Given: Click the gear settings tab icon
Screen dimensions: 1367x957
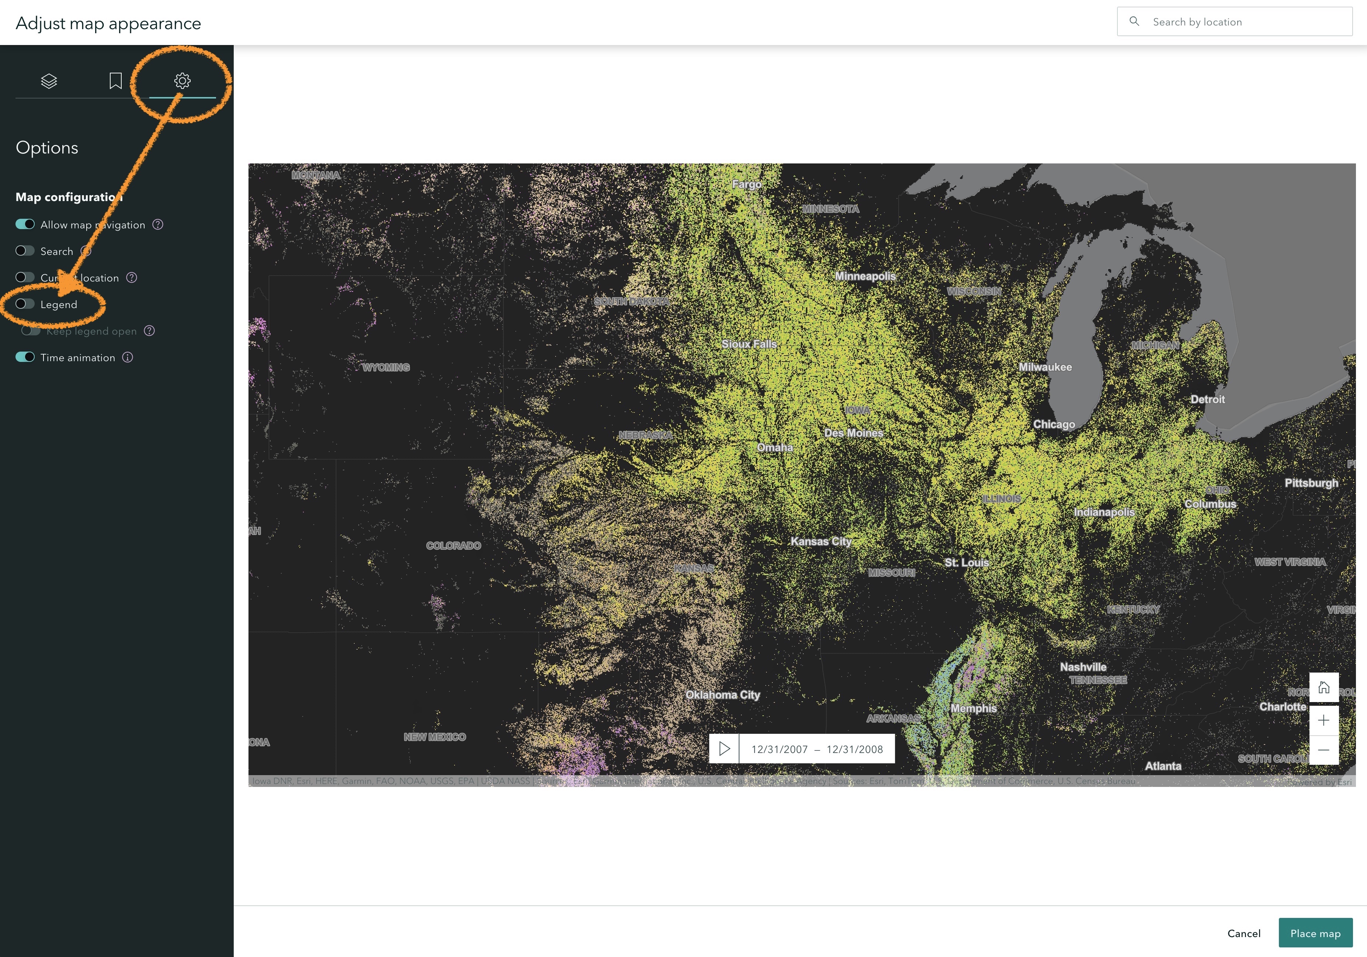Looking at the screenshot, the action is (x=182, y=80).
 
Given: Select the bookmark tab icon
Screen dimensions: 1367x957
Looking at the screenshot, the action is (x=115, y=80).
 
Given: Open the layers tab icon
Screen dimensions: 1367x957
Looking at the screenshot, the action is (x=49, y=80).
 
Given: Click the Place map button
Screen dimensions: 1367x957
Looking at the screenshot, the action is (x=1315, y=933).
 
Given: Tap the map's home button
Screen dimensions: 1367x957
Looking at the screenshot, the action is (x=1323, y=688).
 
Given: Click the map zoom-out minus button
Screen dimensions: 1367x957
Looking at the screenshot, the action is (x=1323, y=750).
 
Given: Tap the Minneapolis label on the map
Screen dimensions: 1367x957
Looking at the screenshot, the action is (x=865, y=276).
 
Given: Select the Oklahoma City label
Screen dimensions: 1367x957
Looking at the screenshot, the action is (x=722, y=695).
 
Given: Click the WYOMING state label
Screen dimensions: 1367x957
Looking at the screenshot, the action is (x=386, y=367).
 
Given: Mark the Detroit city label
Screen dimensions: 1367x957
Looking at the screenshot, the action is (x=1207, y=399).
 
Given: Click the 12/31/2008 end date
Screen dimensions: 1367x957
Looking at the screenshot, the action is (x=855, y=749).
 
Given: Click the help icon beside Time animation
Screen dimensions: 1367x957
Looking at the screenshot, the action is (x=128, y=357).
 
